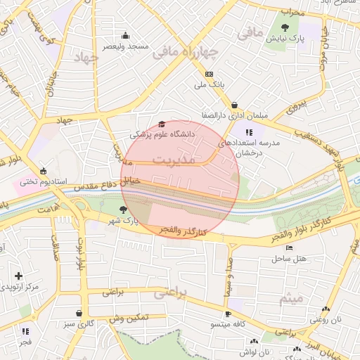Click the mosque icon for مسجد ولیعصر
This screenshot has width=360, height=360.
tap(126, 36)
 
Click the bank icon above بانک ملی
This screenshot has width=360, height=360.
tap(209, 74)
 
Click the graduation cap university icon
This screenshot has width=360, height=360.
tap(162, 123)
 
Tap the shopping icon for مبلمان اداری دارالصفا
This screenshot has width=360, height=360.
tap(234, 105)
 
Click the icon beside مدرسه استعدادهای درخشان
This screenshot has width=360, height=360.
tap(249, 132)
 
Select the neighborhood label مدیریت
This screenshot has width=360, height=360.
tap(173, 160)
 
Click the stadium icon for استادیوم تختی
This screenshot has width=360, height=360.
tap(44, 171)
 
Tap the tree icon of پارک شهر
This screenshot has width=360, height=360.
tap(124, 210)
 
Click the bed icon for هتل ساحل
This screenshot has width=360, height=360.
tap(289, 248)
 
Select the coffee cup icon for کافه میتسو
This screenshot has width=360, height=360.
tap(228, 314)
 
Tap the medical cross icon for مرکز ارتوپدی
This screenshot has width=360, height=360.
tap(18, 276)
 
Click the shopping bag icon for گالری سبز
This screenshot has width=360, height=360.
tap(79, 313)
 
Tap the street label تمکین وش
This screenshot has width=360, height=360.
tap(129, 319)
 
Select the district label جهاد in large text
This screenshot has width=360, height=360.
tap(87, 57)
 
